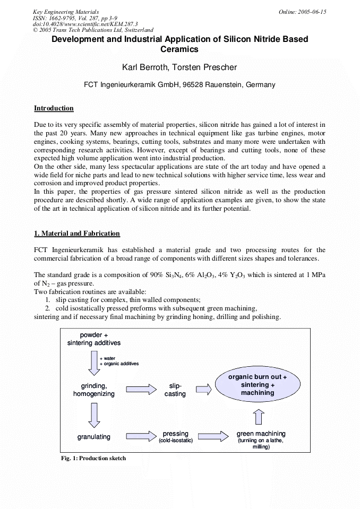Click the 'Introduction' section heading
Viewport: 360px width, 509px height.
point(54,108)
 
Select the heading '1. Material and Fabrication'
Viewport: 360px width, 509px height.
point(77,234)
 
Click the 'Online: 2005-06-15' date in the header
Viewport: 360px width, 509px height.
point(302,12)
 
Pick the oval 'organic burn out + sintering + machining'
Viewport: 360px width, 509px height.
point(258,385)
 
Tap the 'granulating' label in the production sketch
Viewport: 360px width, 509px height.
point(94,437)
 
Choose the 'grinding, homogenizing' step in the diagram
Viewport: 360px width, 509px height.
point(94,390)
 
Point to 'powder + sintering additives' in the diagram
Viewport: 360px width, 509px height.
point(94,339)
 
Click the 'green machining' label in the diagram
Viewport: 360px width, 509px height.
point(261,434)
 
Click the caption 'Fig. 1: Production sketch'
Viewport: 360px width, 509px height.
point(93,458)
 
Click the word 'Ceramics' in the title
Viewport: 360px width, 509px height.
point(179,49)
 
